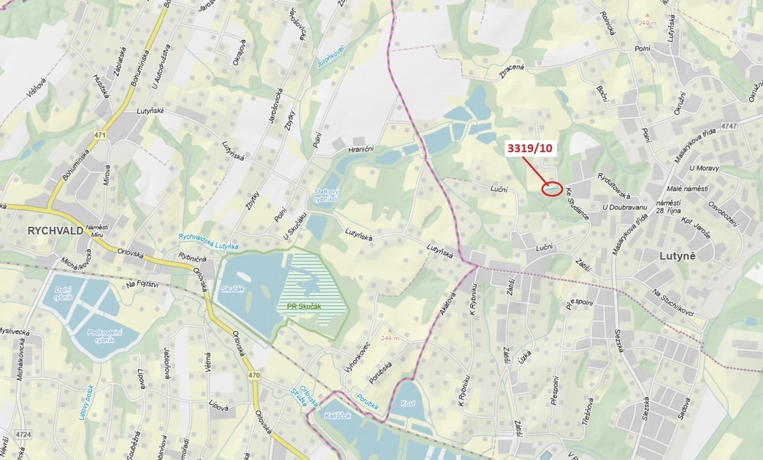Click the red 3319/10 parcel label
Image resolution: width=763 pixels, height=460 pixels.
tap(530, 148)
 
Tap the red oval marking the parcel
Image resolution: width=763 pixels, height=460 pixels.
tap(552, 189)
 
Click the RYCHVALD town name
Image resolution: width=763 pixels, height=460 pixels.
tap(55, 231)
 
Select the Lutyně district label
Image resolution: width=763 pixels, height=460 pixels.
tap(678, 256)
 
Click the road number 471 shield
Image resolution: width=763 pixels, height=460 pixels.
tap(100, 135)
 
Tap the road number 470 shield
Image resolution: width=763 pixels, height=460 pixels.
tap(254, 375)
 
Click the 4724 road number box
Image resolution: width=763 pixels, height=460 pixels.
tap(23, 435)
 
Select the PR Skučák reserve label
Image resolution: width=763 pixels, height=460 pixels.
tap(304, 306)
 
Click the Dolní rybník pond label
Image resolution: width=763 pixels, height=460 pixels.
tap(63, 293)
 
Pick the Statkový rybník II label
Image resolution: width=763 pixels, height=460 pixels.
tap(326, 195)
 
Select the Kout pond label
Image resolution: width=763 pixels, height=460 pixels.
tap(408, 403)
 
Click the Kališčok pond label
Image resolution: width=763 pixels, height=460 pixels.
tap(337, 416)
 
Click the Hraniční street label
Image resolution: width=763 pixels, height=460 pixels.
tap(361, 149)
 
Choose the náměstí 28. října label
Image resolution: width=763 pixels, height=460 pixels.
tap(668, 207)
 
